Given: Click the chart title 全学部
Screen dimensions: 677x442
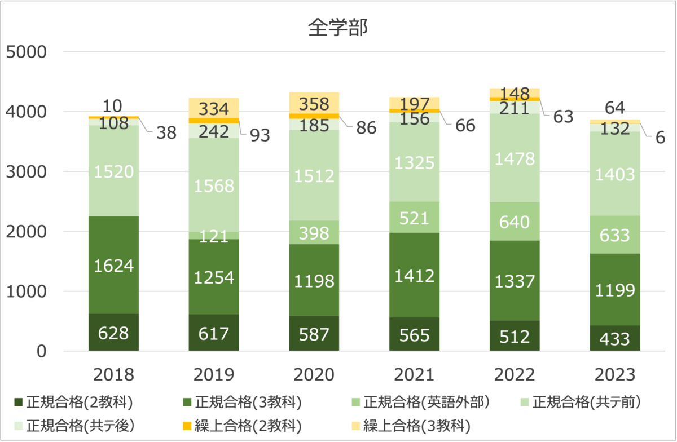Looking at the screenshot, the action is [x=337, y=28].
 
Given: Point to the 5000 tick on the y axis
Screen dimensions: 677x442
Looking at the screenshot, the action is [x=27, y=52].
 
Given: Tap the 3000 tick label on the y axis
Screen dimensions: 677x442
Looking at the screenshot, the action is [x=27, y=171].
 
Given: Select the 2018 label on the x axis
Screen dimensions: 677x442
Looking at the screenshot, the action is [x=113, y=374].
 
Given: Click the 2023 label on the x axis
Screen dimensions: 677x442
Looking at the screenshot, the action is [x=615, y=374].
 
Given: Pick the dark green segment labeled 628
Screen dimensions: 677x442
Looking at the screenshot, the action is [x=113, y=332].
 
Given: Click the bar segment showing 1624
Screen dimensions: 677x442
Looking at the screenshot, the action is [x=113, y=265].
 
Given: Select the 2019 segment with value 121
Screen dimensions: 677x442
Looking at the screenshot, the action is [x=214, y=236].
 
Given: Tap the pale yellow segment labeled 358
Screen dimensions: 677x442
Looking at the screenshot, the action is [x=314, y=103].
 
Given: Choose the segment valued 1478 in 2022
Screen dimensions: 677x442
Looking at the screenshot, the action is [x=515, y=158].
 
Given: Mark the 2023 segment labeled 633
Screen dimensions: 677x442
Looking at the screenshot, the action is [x=615, y=235].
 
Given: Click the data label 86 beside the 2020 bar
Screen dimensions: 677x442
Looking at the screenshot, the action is [x=366, y=127].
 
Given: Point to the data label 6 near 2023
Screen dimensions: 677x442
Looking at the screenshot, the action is [x=660, y=138].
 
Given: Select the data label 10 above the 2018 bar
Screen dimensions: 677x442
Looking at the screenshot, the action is [x=112, y=106].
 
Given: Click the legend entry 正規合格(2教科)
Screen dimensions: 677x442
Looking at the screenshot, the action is [x=73, y=402].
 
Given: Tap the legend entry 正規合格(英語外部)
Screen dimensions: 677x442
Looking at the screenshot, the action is [x=421, y=402].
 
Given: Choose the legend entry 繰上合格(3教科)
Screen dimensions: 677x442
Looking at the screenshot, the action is [x=411, y=426].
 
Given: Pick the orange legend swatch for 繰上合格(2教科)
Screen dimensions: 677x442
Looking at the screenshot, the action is [x=187, y=426].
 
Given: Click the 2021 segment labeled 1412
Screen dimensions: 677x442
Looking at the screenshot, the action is [x=414, y=275].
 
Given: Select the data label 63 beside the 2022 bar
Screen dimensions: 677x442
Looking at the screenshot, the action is [x=564, y=117].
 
